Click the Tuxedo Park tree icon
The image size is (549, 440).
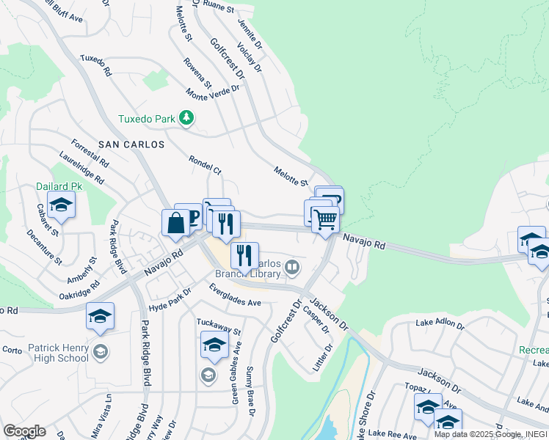pos(187,118)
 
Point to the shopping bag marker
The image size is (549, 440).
pos(176,223)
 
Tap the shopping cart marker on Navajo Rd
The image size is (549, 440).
pos(326,219)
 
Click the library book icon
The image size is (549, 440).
pos(293,267)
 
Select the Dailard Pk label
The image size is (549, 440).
pos(59,186)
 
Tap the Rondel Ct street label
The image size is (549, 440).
pos(205,165)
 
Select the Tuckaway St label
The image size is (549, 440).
pos(218,326)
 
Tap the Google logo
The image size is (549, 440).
pos(24,431)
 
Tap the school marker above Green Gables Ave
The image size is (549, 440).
pos(213,345)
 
